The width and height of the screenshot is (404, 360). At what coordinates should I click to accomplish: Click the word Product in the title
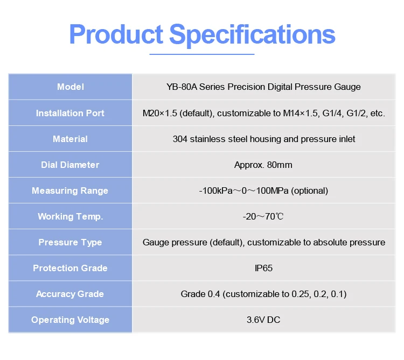pyautogui.click(x=116, y=34)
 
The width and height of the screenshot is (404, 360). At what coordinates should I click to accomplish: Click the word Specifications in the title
pyautogui.click(x=252, y=36)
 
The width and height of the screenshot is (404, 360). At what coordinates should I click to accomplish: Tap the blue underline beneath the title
pyautogui.click(x=202, y=54)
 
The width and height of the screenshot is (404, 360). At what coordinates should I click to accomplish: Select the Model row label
pyautogui.click(x=71, y=87)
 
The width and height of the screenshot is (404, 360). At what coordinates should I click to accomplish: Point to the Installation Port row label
pyautogui.click(x=70, y=113)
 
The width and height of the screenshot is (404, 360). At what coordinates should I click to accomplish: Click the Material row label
pyautogui.click(x=70, y=139)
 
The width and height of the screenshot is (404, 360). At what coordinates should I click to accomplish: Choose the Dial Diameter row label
pyautogui.click(x=70, y=165)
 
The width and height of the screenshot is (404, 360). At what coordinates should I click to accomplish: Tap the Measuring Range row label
pyautogui.click(x=70, y=190)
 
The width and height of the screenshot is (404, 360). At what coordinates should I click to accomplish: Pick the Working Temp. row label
pyautogui.click(x=71, y=217)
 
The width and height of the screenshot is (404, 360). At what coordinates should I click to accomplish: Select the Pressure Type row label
pyautogui.click(x=70, y=242)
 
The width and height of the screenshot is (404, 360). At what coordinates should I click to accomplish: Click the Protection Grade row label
pyautogui.click(x=70, y=268)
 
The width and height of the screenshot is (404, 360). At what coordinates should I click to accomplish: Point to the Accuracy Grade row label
pyautogui.click(x=70, y=294)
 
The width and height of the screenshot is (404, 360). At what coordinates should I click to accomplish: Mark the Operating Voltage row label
pyautogui.click(x=71, y=320)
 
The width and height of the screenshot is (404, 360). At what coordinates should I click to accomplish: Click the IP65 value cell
pyautogui.click(x=263, y=268)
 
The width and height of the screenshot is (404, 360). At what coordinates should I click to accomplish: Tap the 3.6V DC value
pyautogui.click(x=263, y=320)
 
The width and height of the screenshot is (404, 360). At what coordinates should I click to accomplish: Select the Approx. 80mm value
pyautogui.click(x=263, y=165)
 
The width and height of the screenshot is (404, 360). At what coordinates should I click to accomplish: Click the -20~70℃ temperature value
pyautogui.click(x=263, y=217)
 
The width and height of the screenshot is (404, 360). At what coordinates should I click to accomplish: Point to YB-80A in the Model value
pyautogui.click(x=182, y=87)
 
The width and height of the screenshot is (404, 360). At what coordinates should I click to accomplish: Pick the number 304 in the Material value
pyautogui.click(x=180, y=139)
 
